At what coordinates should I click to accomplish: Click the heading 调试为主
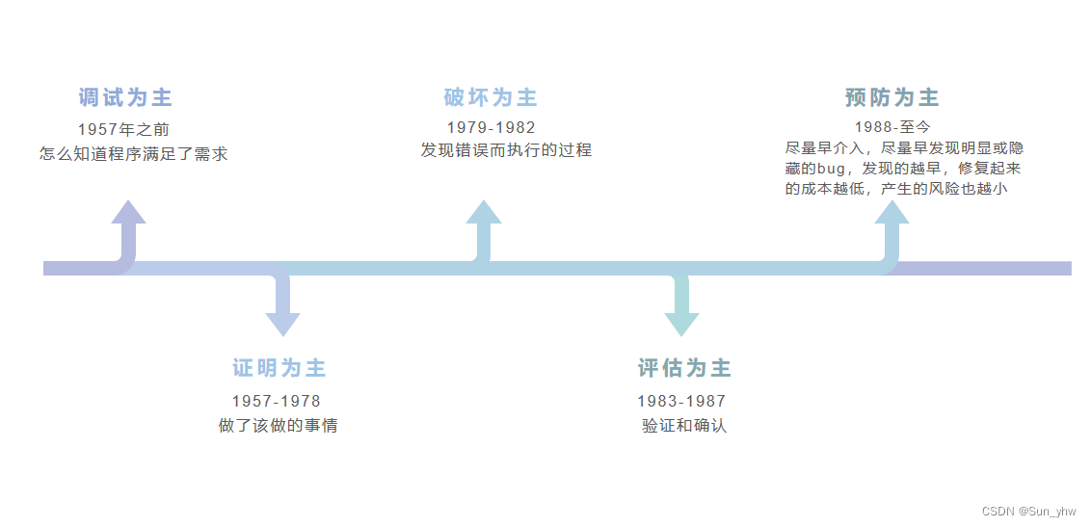125,97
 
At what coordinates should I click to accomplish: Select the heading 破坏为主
491,97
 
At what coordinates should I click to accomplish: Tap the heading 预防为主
891,97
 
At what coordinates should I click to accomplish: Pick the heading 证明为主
279,368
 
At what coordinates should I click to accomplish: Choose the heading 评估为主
684,368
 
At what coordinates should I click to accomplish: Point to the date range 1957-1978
276,401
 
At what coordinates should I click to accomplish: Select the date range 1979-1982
491,127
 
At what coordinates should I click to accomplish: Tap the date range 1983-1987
680,401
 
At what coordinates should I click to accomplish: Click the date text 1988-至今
892,126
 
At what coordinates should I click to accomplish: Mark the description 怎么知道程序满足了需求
134,153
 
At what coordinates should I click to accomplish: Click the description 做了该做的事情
278,426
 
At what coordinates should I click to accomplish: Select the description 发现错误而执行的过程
506,150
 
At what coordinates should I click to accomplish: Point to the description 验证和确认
684,426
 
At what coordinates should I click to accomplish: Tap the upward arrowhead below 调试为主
128,213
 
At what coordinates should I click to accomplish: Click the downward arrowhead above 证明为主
282,324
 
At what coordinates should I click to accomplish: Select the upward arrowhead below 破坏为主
484,213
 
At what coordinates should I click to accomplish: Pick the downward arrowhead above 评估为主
681,324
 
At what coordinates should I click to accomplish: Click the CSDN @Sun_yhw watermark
1028,512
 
